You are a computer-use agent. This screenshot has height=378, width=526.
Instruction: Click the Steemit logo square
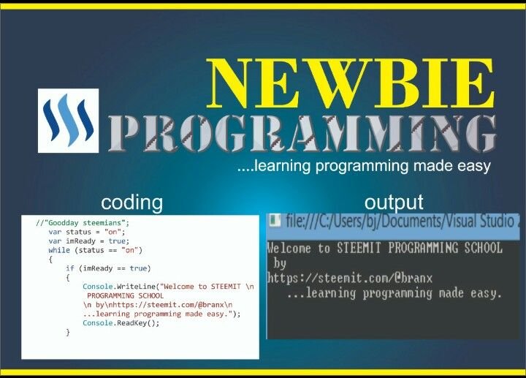(x=68, y=121)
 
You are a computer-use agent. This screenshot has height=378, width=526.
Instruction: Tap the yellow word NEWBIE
(x=350, y=83)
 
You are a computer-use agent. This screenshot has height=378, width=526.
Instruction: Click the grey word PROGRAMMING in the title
(x=302, y=133)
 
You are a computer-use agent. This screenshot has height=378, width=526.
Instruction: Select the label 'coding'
(x=131, y=203)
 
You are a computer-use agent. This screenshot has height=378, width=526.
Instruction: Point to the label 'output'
(x=394, y=203)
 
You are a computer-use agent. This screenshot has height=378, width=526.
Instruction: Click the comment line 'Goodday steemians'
(x=82, y=223)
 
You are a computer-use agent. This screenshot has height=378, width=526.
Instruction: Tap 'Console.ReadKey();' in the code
(x=121, y=323)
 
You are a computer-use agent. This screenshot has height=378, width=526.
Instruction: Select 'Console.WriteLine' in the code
(x=119, y=287)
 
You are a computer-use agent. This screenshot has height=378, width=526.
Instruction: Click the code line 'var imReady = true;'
(x=88, y=241)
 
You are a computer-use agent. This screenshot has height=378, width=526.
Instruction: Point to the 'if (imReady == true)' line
(x=108, y=268)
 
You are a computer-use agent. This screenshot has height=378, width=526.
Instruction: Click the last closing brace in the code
(x=68, y=333)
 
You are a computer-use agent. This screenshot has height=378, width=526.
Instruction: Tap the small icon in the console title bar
(x=275, y=221)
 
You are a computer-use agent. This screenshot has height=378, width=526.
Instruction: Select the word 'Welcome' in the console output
(x=289, y=248)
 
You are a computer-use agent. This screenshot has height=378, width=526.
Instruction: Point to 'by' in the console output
(x=279, y=263)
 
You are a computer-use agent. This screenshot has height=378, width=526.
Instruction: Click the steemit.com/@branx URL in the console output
(x=349, y=278)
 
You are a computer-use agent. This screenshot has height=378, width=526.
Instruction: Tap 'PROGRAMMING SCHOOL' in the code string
(x=125, y=296)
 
